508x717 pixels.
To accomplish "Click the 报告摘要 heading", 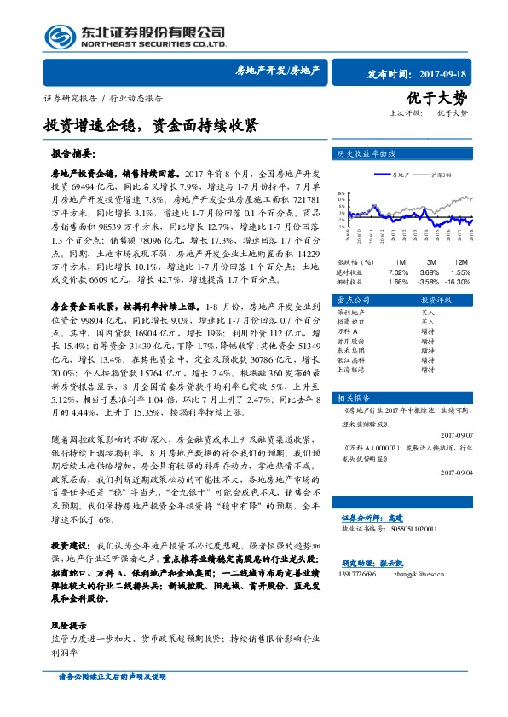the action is [75, 156].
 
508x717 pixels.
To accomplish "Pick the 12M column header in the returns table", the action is [461, 261].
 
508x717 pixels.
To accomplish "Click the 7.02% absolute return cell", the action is [399, 270].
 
